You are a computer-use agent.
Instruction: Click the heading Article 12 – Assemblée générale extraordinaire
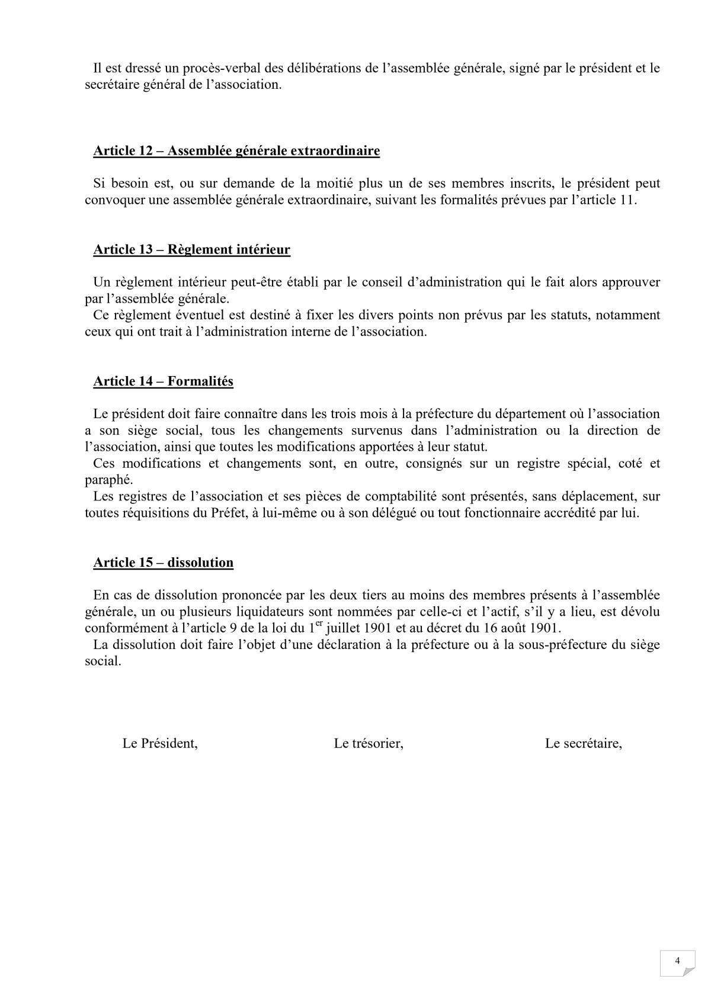236,151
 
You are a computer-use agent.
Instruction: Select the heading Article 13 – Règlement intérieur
191,249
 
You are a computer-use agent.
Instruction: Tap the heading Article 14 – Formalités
163,381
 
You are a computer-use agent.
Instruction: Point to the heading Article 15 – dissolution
163,563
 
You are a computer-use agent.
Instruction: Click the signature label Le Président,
160,743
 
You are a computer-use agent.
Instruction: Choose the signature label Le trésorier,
369,743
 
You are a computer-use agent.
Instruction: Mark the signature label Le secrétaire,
583,743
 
